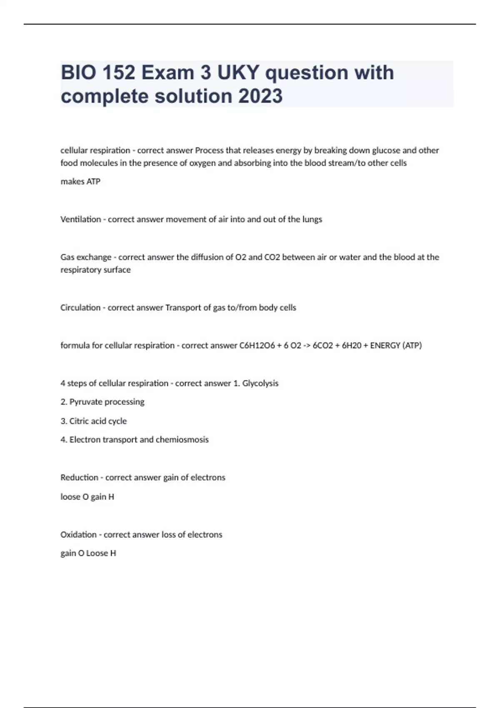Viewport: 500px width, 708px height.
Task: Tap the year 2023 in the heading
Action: [x=260, y=96]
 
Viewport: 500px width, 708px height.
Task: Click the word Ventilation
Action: [x=80, y=219]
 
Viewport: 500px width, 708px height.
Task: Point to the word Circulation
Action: [x=80, y=308]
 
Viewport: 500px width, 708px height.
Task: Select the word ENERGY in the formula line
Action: [x=385, y=346]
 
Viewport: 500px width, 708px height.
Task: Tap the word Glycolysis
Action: [x=260, y=384]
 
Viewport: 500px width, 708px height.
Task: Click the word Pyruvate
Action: [x=86, y=402]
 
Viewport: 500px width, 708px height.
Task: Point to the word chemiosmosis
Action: [x=182, y=440]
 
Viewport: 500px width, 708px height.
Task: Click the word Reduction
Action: [x=79, y=478]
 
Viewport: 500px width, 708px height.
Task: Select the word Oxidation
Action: [x=78, y=535]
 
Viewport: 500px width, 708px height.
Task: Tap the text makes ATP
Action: [x=80, y=182]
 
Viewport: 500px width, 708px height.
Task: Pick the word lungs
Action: [x=312, y=219]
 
